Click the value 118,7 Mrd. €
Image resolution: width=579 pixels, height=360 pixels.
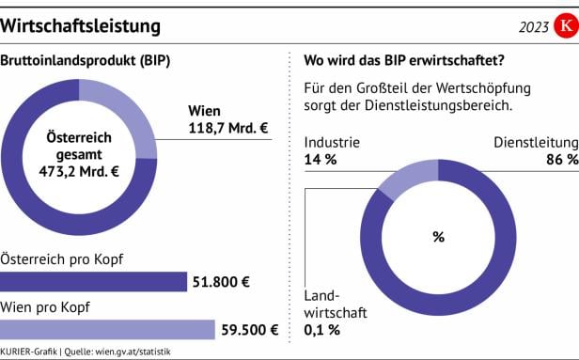point(228,128)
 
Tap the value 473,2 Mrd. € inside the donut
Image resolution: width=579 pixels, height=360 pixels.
point(83,171)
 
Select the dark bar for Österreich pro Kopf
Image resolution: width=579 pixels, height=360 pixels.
point(94,281)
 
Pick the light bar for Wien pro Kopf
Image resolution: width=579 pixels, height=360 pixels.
point(108,329)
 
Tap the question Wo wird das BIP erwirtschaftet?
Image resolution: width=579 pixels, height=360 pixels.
point(404,63)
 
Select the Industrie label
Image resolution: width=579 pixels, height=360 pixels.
point(333,143)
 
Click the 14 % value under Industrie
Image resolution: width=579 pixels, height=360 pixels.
point(321,160)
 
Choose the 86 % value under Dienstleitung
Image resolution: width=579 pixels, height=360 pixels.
point(561,160)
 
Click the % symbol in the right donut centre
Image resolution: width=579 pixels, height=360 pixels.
point(438,237)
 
